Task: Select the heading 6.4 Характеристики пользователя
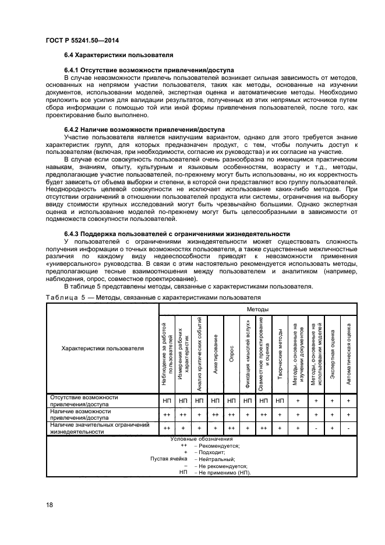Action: pyautogui.click(x=118, y=55)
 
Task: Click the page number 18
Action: pyautogui.click(x=50, y=504)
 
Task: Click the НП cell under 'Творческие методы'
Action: pyautogui.click(x=281, y=400)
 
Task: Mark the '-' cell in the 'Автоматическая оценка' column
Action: pyautogui.click(x=348, y=428)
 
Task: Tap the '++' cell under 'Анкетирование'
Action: pyautogui.click(x=216, y=414)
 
